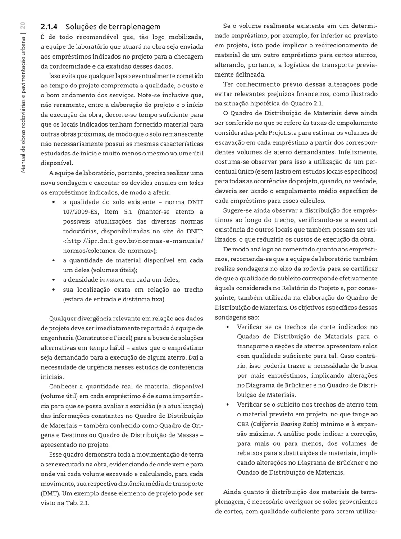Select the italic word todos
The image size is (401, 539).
(x=196, y=183)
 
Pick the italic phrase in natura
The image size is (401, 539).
(x=111, y=280)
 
